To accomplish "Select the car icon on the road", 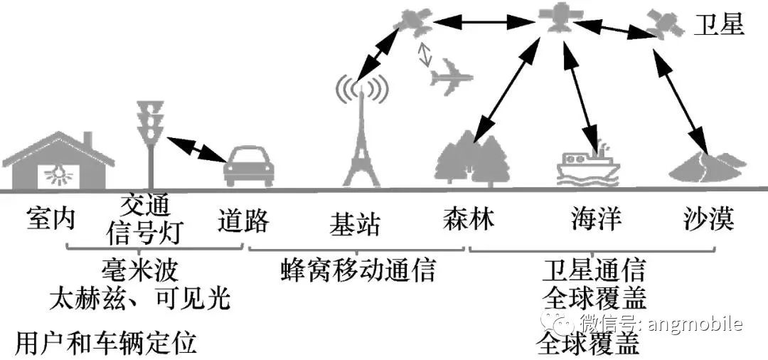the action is pyautogui.click(x=248, y=166).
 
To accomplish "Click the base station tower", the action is pyautogui.click(x=361, y=132).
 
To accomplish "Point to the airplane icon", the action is pyautogui.click(x=451, y=76).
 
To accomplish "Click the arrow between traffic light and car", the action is pyautogui.click(x=196, y=149).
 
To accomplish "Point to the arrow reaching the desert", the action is pyautogui.click(x=681, y=101).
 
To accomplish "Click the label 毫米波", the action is pyautogui.click(x=139, y=269).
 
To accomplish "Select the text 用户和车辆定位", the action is pyautogui.click(x=106, y=342).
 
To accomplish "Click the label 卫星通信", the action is pyautogui.click(x=594, y=269).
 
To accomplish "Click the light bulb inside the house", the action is pyautogui.click(x=58, y=173).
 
